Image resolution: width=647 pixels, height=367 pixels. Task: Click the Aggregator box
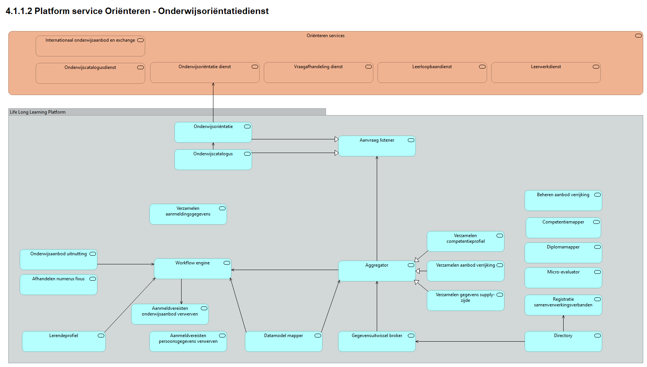tap(377, 271)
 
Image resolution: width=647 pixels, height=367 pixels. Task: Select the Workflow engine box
tap(193, 269)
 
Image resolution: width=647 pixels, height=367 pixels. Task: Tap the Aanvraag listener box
tap(377, 146)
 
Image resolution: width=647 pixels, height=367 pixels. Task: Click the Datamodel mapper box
tap(284, 342)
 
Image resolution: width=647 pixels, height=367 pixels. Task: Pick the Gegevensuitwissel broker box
tap(377, 342)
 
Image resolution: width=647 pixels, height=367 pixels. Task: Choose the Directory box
tap(563, 342)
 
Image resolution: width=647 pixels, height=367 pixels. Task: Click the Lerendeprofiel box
tap(64, 342)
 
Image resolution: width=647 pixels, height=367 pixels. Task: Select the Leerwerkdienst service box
tap(546, 73)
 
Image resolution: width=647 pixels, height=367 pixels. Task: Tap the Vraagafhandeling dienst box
tap(318, 73)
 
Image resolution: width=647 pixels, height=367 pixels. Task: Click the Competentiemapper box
tap(563, 228)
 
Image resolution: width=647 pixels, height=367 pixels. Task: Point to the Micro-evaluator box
tap(563, 278)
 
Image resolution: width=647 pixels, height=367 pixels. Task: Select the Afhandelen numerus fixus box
tap(58, 285)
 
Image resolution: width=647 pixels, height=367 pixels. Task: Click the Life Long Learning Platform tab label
tap(38, 112)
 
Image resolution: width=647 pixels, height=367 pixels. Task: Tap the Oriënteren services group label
tap(326, 36)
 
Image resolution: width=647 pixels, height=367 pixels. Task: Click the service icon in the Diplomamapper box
tap(597, 247)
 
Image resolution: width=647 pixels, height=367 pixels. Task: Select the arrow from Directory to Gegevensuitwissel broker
tap(470, 342)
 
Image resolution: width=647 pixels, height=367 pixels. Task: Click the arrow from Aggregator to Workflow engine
tap(284, 270)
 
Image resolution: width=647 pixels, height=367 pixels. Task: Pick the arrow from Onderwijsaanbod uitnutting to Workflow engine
tap(125, 264)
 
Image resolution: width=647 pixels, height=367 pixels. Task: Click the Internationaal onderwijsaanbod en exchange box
tap(90, 46)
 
